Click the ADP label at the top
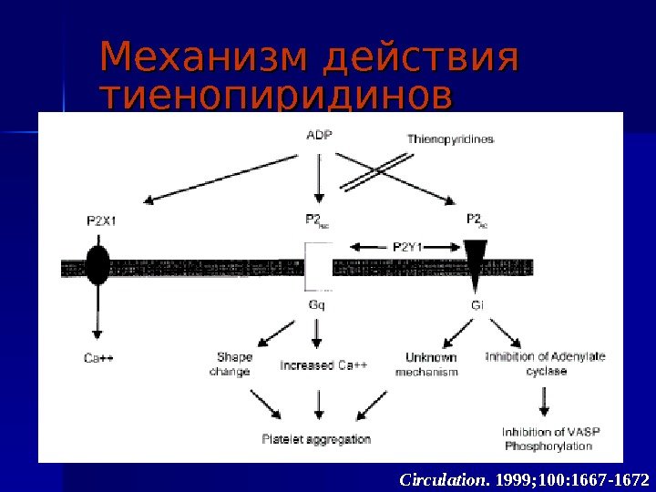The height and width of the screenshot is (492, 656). pos(319,135)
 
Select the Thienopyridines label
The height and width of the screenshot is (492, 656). pos(450,139)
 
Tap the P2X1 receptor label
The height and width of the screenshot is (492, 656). pos(101,220)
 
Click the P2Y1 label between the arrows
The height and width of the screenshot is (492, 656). pos(412,245)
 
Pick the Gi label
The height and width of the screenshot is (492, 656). pos(477,305)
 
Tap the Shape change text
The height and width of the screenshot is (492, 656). pos(233,364)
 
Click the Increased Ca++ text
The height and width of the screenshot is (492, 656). pos(324,365)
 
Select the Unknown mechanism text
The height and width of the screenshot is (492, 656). pos(427,364)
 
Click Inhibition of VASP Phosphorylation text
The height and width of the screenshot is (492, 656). pos(550,438)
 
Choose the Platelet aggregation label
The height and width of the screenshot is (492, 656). pos(316,439)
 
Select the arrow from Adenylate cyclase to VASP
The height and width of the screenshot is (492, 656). pos(546,401)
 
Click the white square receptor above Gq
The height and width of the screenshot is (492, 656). pos(318,266)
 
